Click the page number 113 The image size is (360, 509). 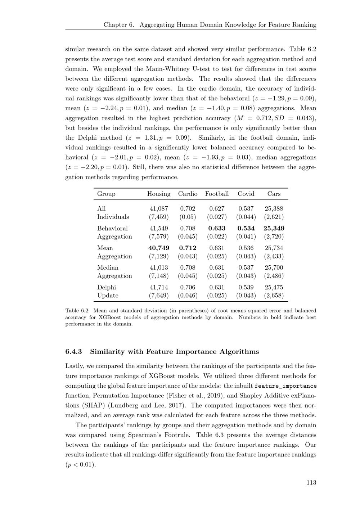[311, 483]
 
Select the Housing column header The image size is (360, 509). [159, 194]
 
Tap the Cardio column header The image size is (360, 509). [188, 194]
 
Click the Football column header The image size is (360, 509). [217, 194]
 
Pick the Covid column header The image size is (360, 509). [246, 194]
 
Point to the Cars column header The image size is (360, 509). [274, 194]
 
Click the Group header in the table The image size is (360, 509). [106, 194]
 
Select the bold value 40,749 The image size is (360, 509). [159, 248]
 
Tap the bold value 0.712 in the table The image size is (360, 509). [188, 248]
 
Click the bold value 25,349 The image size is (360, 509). [274, 228]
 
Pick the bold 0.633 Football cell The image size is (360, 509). [217, 228]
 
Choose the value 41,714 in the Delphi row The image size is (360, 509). [159, 287]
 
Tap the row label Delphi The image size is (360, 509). [107, 287]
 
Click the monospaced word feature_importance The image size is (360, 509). [285, 386]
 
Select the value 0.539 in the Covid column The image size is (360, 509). [246, 287]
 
